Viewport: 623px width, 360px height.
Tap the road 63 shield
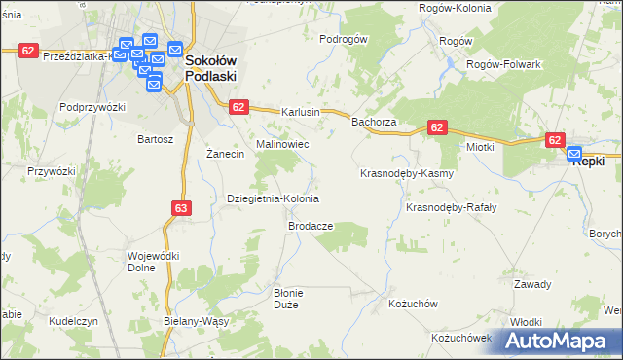click(182, 207)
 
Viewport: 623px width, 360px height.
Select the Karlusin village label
click(301, 112)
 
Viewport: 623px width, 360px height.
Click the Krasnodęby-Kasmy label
click(407, 173)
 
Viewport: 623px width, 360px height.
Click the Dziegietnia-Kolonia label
click(273, 198)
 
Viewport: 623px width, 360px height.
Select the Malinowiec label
click(282, 143)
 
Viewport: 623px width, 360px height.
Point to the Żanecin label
click(225, 155)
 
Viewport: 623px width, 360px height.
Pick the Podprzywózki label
click(93, 107)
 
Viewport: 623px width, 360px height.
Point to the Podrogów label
click(344, 39)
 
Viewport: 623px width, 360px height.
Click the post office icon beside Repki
click(574, 153)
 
